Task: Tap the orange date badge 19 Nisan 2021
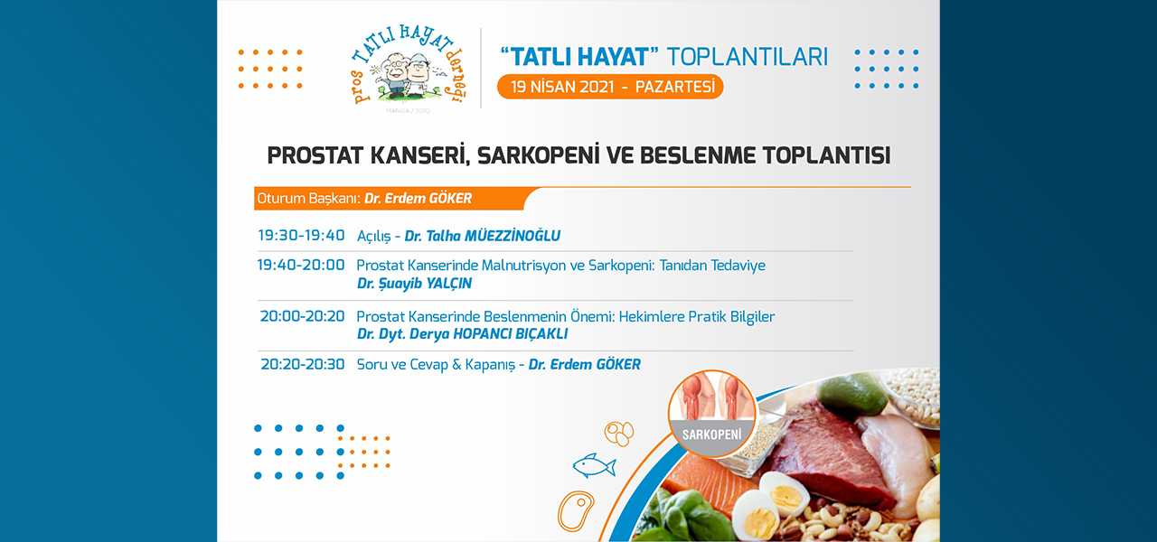pos(610,87)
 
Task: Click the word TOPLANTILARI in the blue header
pos(748,57)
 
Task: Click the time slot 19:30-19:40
pos(301,236)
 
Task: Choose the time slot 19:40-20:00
pos(301,266)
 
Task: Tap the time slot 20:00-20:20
pos(302,316)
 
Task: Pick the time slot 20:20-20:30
pos(302,364)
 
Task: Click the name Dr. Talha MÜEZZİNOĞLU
pos(482,236)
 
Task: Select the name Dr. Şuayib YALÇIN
pos(414,284)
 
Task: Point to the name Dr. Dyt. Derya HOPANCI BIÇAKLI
pos(462,334)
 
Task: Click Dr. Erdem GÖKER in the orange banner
pos(418,199)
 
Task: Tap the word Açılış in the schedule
pos(373,237)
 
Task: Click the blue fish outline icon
pos(594,465)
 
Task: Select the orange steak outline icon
pos(576,511)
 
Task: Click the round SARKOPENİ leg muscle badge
pos(711,413)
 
